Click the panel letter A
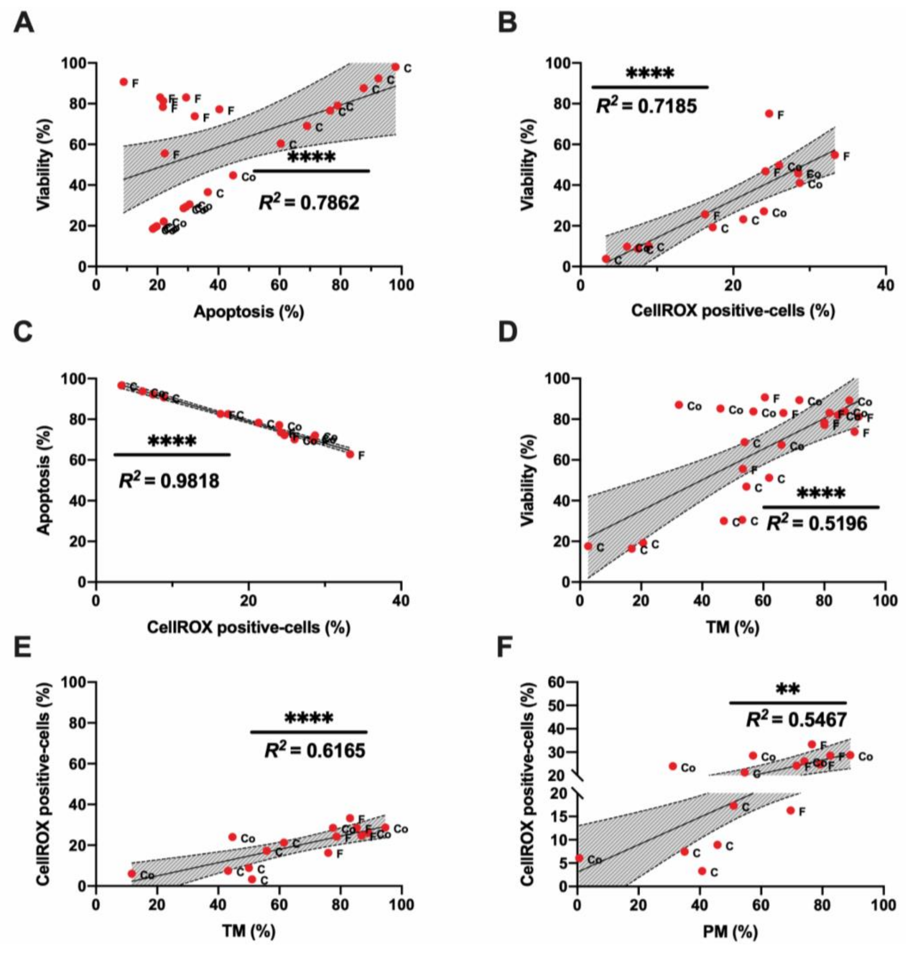click(x=24, y=23)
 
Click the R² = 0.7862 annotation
click(x=309, y=203)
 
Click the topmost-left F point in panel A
click(x=124, y=82)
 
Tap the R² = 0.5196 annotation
click(x=817, y=523)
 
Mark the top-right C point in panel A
click(x=396, y=67)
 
